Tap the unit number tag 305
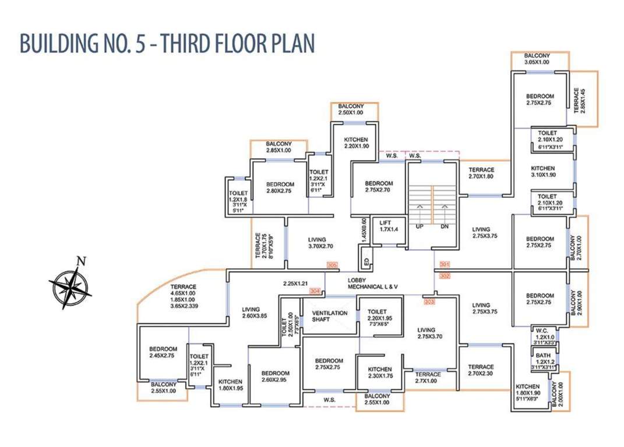coord(333,265)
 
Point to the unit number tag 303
coord(429,301)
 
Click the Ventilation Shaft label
coord(330,316)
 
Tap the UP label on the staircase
coord(419,226)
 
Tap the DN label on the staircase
coord(444,226)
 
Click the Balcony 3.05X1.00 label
coord(537,58)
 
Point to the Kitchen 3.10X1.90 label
coord(543,171)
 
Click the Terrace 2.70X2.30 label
coord(481,370)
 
